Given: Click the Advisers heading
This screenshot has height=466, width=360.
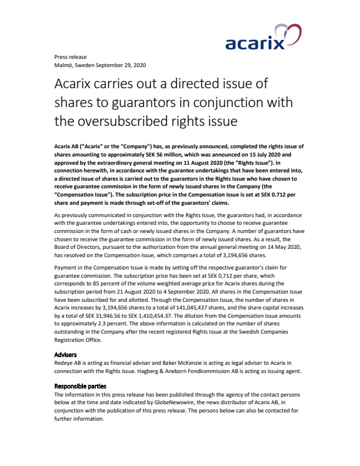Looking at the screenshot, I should pos(66,355).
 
